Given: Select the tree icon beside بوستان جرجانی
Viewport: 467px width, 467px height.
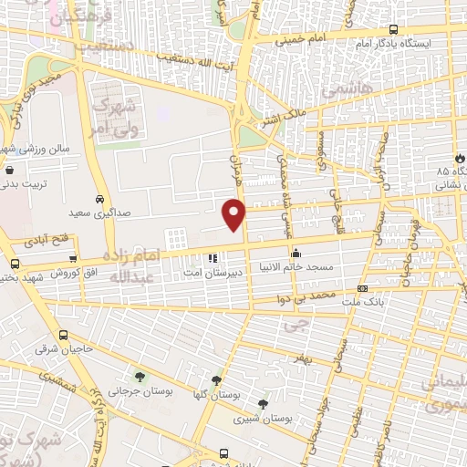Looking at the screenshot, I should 139,377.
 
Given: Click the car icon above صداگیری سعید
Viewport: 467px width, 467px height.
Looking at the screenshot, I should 99,199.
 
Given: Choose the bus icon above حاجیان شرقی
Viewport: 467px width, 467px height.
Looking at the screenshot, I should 62,335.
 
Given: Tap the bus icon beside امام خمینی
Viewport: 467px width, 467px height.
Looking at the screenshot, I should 393,28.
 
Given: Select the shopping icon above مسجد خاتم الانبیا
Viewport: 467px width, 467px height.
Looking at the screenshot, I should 295,254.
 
